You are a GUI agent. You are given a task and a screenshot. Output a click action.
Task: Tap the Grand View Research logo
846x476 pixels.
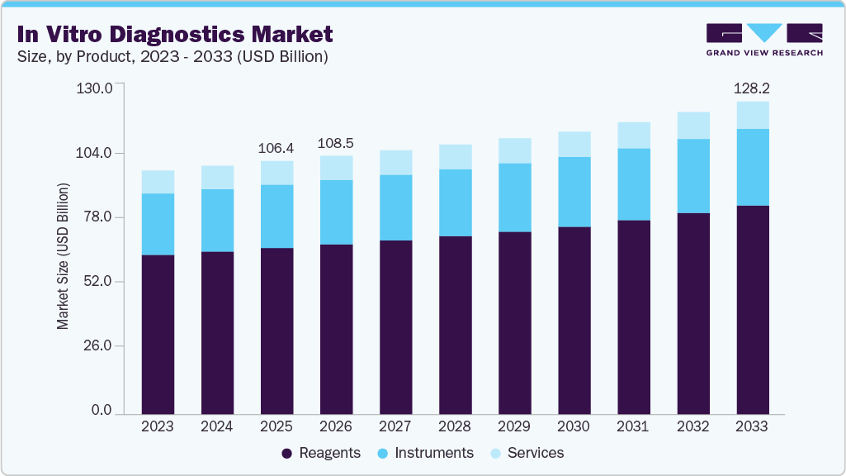pyautogui.click(x=763, y=40)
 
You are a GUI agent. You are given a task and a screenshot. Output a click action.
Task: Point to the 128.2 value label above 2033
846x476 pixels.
pyautogui.click(x=752, y=88)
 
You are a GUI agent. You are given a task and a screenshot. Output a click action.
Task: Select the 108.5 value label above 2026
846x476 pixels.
pyautogui.click(x=336, y=142)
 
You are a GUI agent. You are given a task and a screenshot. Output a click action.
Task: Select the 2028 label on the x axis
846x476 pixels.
pyautogui.click(x=455, y=426)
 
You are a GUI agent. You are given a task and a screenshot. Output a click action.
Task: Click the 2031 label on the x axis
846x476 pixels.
pyautogui.click(x=633, y=426)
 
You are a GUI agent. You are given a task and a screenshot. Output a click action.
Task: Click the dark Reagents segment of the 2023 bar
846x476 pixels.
pyautogui.click(x=158, y=334)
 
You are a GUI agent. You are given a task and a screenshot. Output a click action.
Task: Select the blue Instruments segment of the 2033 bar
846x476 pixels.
pyautogui.click(x=752, y=167)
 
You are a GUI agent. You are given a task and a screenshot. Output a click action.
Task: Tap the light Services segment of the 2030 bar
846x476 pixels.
pyautogui.click(x=574, y=145)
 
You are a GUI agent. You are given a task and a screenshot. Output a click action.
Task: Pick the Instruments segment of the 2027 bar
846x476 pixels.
pyautogui.click(x=395, y=207)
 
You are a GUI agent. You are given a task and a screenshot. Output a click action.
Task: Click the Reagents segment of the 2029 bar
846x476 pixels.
pyautogui.click(x=514, y=322)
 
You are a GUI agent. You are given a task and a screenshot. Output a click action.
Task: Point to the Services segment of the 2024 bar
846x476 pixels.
pyautogui.click(x=217, y=178)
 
